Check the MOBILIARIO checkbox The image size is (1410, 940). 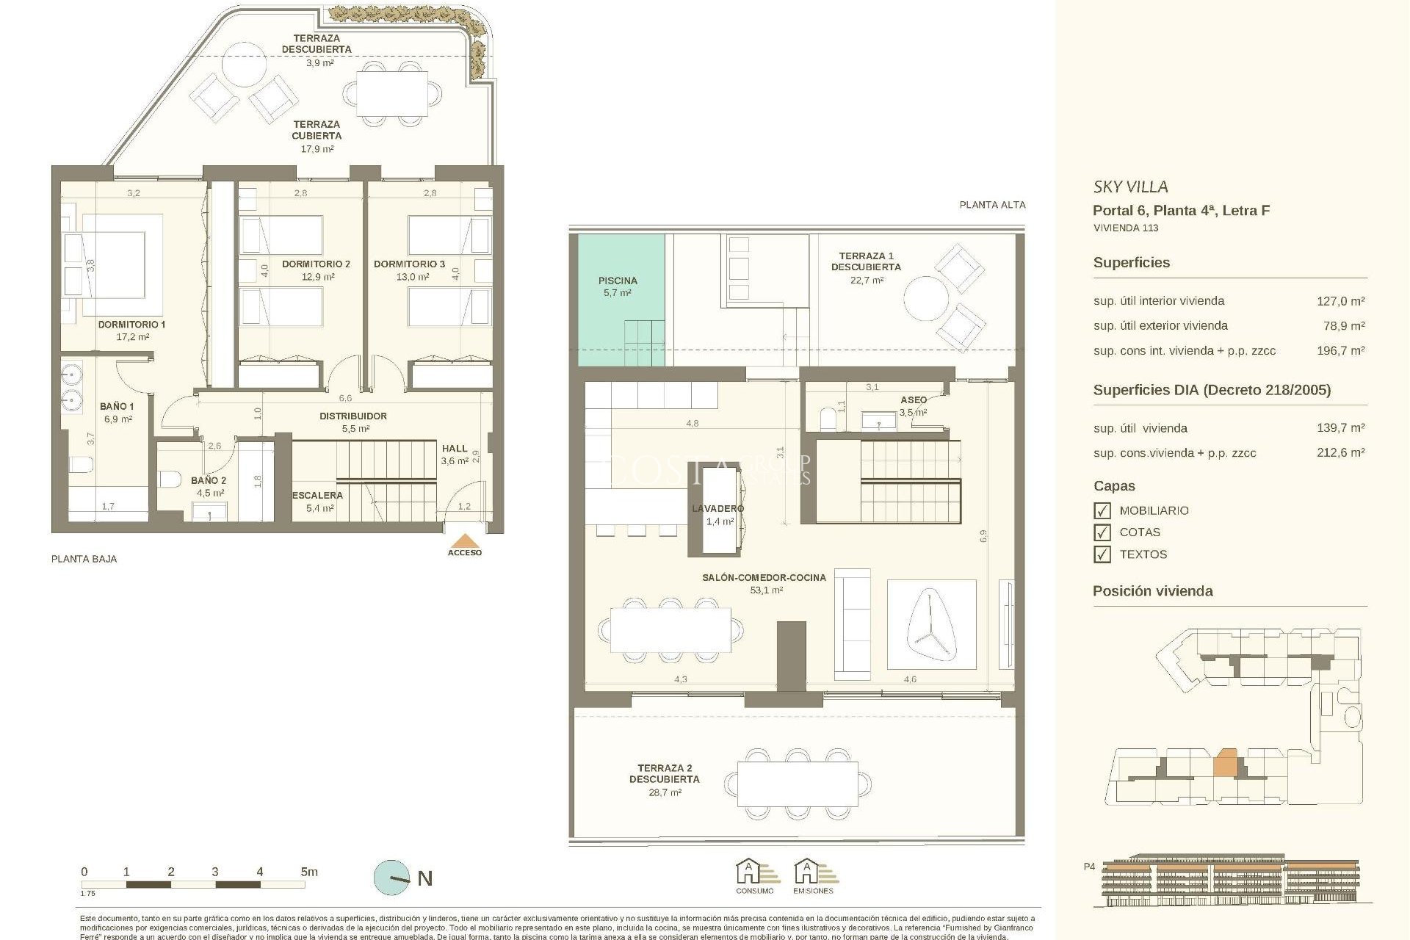(x=1102, y=510)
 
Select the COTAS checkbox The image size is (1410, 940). (x=1102, y=532)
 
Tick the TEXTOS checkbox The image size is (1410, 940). (x=1102, y=554)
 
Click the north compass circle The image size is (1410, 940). (x=392, y=878)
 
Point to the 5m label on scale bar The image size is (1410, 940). (x=309, y=872)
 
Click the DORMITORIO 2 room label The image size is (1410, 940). (x=316, y=264)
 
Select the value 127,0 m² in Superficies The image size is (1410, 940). (x=1340, y=301)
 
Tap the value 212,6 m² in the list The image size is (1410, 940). (x=1340, y=453)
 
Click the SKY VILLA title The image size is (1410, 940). (x=1130, y=187)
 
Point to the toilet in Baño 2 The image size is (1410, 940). (x=170, y=480)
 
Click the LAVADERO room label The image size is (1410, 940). (x=717, y=508)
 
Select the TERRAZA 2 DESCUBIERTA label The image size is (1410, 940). (x=664, y=773)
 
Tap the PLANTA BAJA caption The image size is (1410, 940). (x=84, y=559)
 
